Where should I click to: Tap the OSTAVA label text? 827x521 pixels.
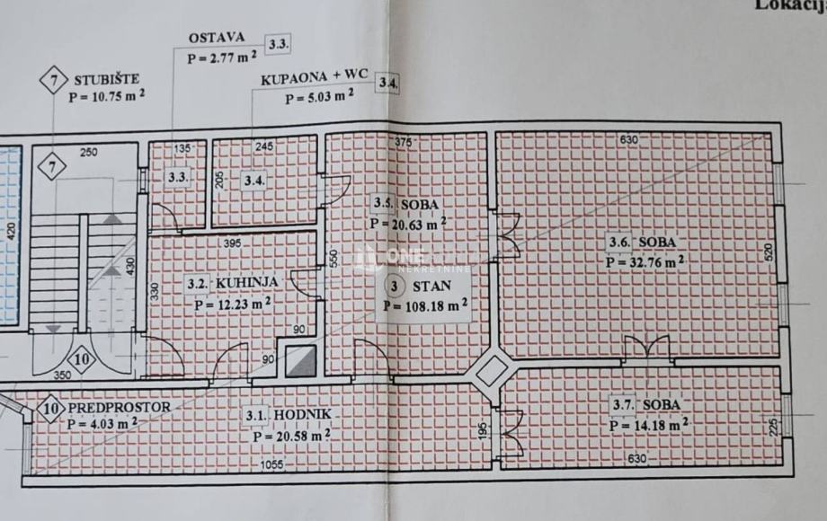click(x=217, y=38)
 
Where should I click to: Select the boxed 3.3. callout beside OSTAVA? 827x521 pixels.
click(x=278, y=43)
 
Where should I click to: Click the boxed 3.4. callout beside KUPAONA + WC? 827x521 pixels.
click(x=388, y=84)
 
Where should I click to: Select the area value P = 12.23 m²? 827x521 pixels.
click(x=233, y=303)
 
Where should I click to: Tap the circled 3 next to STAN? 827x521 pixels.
click(x=395, y=287)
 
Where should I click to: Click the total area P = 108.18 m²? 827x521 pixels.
click(x=425, y=305)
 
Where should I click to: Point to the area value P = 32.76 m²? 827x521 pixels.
click(x=645, y=261)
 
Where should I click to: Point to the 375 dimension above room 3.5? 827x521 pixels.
click(x=403, y=141)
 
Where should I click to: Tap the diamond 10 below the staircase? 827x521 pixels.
click(x=82, y=361)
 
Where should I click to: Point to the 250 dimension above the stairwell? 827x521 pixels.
click(x=87, y=152)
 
